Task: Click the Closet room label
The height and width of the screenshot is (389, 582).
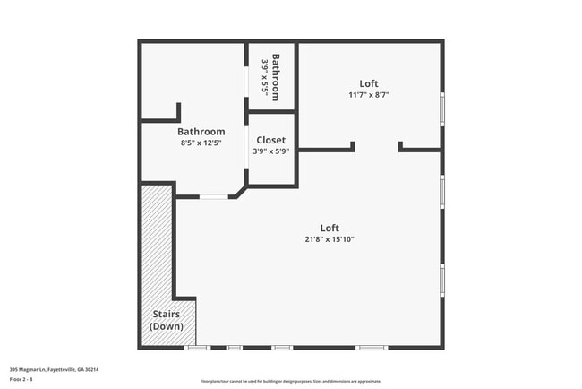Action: click(271, 140)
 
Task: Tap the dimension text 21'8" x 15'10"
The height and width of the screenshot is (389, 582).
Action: click(330, 238)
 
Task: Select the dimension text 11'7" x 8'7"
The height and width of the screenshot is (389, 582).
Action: click(369, 94)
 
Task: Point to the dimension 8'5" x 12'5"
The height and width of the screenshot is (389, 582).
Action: click(201, 143)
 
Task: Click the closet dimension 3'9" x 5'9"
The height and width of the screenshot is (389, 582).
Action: click(271, 151)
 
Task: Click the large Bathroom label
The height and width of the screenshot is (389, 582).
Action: click(201, 132)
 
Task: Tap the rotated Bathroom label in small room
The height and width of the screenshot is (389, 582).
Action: click(277, 77)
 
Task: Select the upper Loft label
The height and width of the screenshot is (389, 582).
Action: click(369, 83)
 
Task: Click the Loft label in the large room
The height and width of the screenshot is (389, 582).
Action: click(330, 228)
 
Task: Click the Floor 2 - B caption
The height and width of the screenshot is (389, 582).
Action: click(21, 379)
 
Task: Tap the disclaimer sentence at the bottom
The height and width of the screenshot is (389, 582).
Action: click(291, 381)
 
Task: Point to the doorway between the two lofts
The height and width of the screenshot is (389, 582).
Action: click(377, 149)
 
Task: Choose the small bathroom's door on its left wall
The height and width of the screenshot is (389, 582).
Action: click(248, 77)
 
